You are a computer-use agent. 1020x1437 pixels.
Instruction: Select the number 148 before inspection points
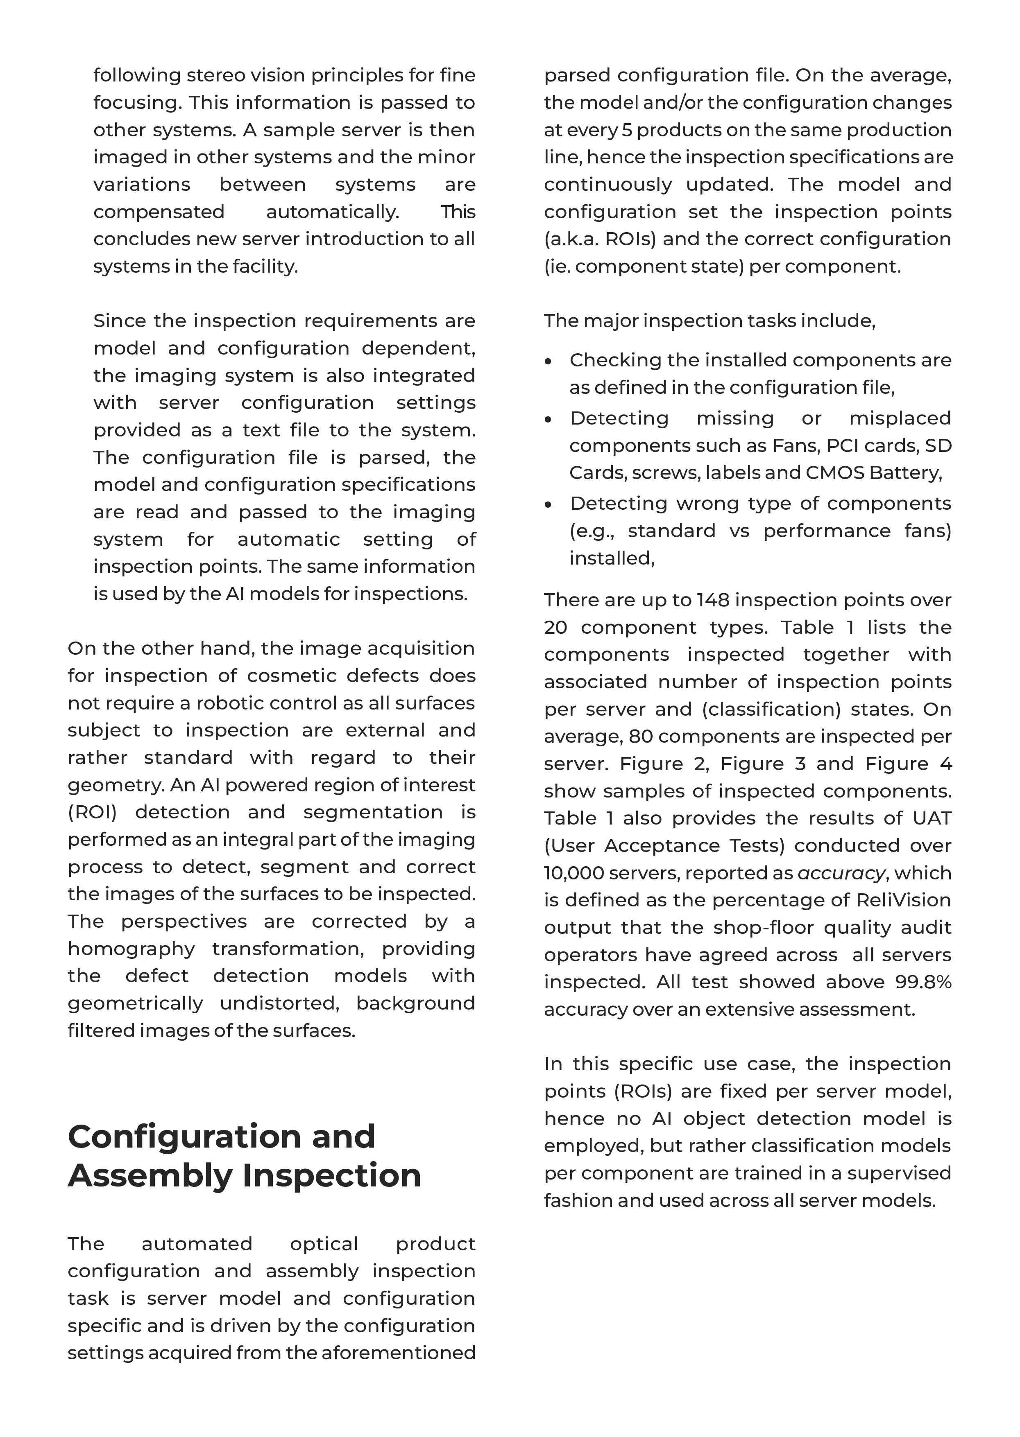pos(712,600)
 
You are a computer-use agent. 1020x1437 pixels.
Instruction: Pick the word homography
pos(131,949)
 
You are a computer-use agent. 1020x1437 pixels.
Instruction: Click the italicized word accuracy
pos(840,873)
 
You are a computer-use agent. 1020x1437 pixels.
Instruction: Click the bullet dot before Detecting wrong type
pos(549,505)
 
